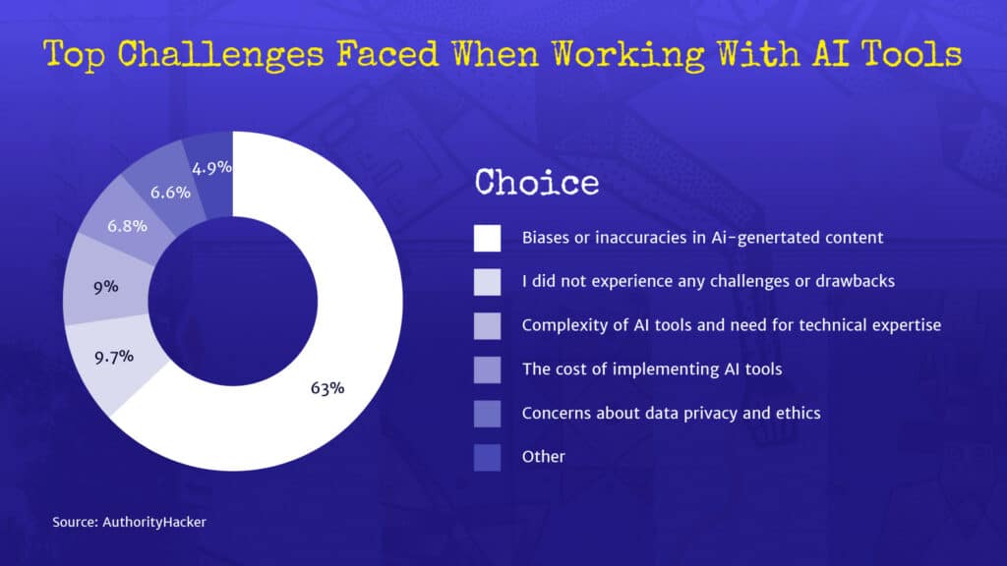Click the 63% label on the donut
(327, 388)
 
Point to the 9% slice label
(105, 287)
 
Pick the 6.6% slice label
(170, 192)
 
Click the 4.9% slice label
(212, 167)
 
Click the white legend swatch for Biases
(487, 238)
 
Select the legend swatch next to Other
(487, 456)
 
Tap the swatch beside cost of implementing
(487, 368)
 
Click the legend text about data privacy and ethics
(671, 413)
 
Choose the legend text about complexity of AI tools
(732, 325)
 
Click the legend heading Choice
(536, 182)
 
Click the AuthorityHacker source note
(130, 523)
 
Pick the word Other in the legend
(544, 456)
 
